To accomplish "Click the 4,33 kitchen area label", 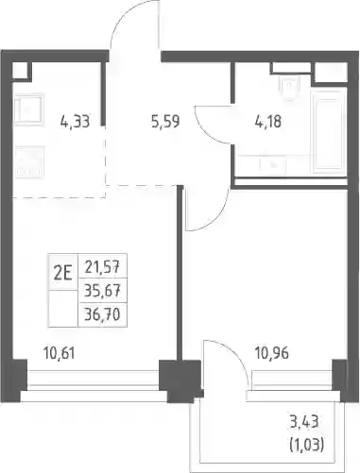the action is pyautogui.click(x=75, y=122).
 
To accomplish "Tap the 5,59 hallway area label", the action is pyautogui.click(x=165, y=122).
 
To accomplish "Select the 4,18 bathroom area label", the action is pyautogui.click(x=268, y=122).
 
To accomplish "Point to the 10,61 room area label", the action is pyautogui.click(x=60, y=353).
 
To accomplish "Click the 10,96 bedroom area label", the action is pyautogui.click(x=272, y=353).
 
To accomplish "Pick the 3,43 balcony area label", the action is pyautogui.click(x=304, y=422).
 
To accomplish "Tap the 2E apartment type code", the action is pyautogui.click(x=63, y=273).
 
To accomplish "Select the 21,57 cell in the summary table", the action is pyautogui.click(x=102, y=268).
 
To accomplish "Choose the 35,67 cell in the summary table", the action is pyautogui.click(x=102, y=292).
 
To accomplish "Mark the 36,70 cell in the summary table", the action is pyautogui.click(x=102, y=314).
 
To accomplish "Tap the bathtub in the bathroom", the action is pyautogui.click(x=329, y=131).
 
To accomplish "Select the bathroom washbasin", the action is pyautogui.click(x=272, y=165).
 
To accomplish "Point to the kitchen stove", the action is pyautogui.click(x=28, y=162).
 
